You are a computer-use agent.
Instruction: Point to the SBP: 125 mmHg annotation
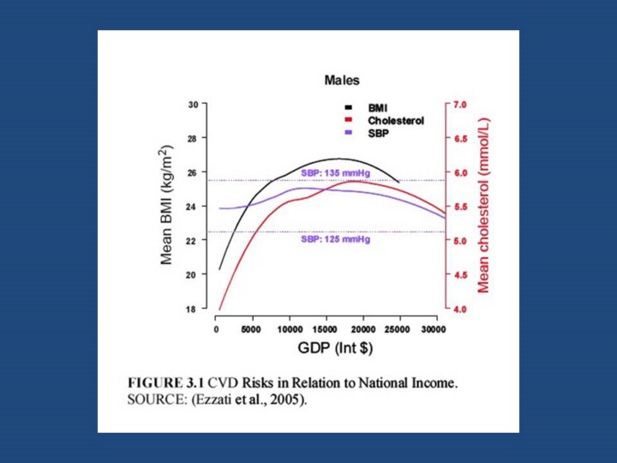tap(335, 240)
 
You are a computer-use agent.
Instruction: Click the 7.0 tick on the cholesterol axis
tap(459, 105)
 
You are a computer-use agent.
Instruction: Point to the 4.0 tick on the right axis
tap(459, 309)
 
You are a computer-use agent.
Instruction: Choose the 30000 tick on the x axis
tap(436, 328)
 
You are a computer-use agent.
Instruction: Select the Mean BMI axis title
tap(168, 206)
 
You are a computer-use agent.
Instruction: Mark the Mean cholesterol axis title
tap(485, 206)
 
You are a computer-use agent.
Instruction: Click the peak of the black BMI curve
tap(338, 159)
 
